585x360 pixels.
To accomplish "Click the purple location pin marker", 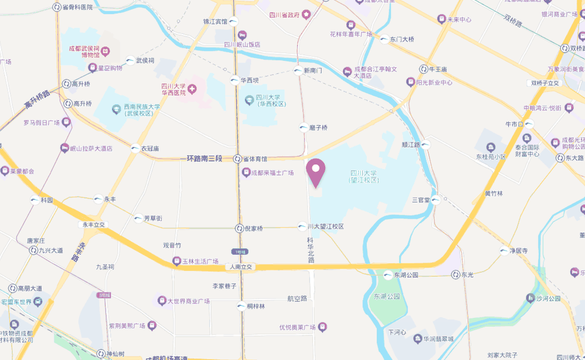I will pyautogui.click(x=316, y=172).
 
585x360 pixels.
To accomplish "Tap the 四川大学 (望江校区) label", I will pyautogui.click(x=364, y=176).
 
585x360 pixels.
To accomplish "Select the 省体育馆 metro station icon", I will pyautogui.click(x=238, y=159).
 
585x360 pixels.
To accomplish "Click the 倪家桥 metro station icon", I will pyautogui.click(x=239, y=228).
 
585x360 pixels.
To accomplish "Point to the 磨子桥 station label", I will pyautogui.click(x=318, y=128).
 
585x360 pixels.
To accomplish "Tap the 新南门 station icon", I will pyautogui.click(x=297, y=71).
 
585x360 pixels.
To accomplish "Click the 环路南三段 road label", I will pyautogui.click(x=205, y=159).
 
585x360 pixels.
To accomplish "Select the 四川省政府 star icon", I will pyautogui.click(x=306, y=15).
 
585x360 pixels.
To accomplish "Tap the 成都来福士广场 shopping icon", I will pyautogui.click(x=246, y=173).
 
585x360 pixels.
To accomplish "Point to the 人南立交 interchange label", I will pyautogui.click(x=240, y=267).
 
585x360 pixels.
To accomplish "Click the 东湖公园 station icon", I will pyautogui.click(x=388, y=275).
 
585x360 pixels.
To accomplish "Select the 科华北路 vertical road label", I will pyautogui.click(x=311, y=250).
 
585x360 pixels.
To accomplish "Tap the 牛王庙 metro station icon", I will pyautogui.click(x=422, y=69).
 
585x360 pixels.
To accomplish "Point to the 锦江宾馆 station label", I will pyautogui.click(x=215, y=22).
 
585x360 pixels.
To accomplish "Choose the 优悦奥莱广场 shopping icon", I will pyautogui.click(x=322, y=327).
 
